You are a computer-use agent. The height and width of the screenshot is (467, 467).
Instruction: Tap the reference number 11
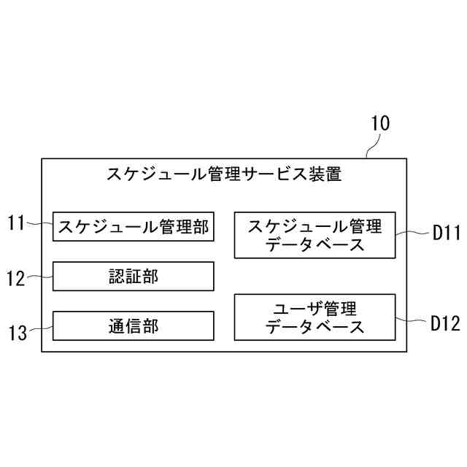[17, 223]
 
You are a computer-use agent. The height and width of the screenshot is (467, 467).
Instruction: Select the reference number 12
[17, 278]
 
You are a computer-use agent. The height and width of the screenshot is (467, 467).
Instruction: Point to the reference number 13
[17, 333]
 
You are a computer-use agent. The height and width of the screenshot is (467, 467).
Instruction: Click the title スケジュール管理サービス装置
[224, 174]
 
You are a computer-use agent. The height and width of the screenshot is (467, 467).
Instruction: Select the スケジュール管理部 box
[133, 227]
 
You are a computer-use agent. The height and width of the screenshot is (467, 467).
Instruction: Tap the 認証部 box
[133, 277]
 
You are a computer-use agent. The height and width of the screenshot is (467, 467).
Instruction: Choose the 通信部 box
[133, 325]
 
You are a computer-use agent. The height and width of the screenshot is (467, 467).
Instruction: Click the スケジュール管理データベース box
[314, 235]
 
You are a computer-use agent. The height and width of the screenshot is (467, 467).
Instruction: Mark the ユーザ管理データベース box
[314, 317]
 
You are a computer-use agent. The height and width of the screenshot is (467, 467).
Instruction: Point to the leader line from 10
[370, 147]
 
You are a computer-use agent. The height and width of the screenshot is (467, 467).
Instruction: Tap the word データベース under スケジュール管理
[314, 244]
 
